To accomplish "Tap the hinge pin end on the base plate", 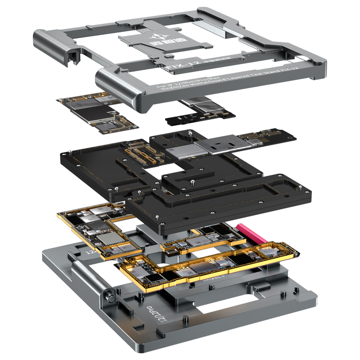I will point(109,297).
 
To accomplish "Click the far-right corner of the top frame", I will point(323,63).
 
